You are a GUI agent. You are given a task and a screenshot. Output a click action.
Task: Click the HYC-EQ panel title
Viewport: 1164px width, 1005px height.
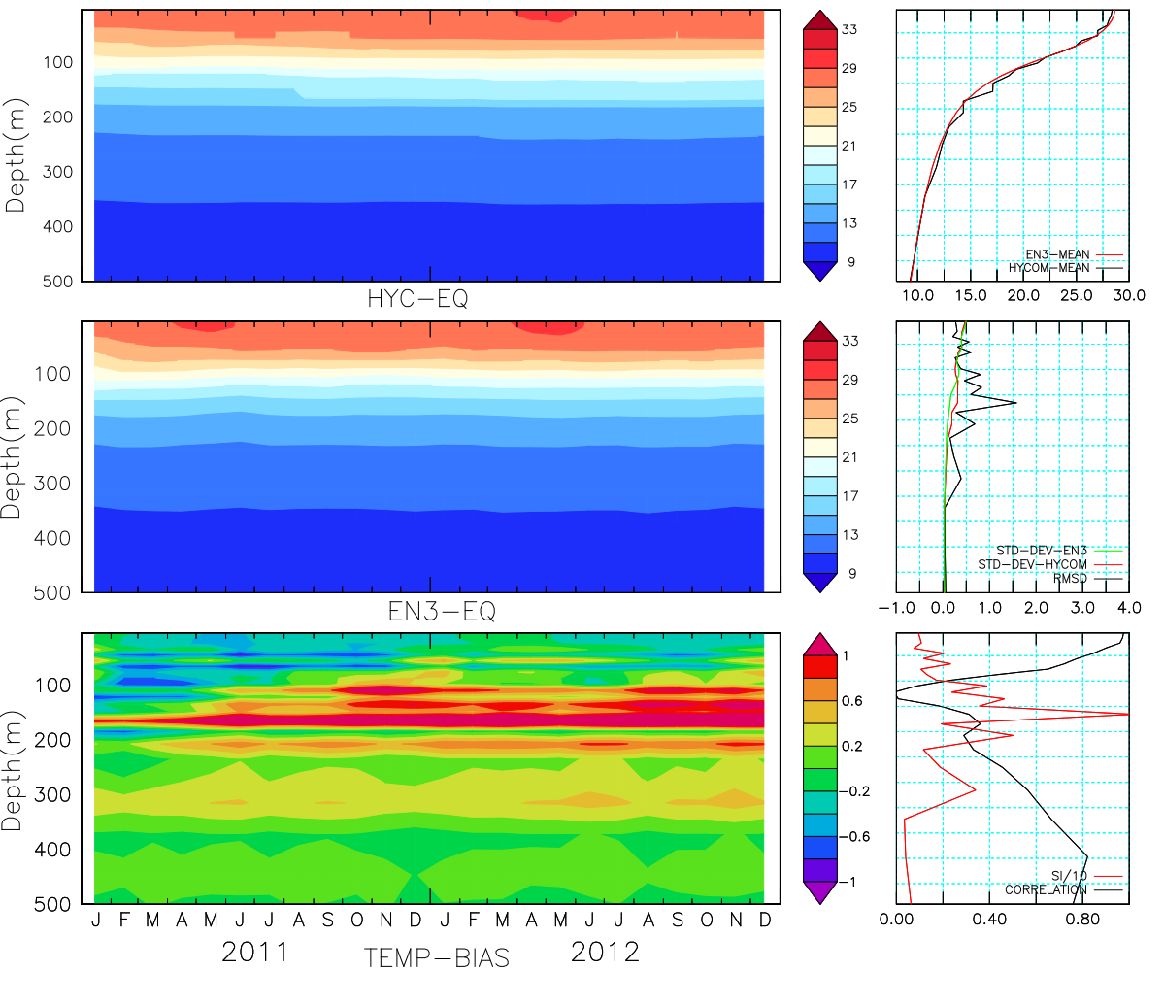coord(417,299)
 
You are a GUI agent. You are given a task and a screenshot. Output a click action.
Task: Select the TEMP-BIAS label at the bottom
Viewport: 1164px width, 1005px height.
coord(436,958)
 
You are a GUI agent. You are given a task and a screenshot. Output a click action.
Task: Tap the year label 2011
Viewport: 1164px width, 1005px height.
coord(255,952)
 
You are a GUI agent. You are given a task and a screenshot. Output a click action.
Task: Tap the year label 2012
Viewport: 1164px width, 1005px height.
coord(605,952)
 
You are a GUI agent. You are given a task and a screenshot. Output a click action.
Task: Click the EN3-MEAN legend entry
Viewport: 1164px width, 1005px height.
coord(1057,254)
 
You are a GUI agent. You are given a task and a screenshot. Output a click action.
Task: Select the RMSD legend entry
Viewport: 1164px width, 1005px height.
coord(1070,579)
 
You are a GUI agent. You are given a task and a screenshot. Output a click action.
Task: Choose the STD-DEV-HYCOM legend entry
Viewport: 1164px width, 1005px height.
coord(1032,564)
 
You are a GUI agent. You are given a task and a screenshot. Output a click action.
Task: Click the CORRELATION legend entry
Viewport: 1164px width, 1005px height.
coord(1046,889)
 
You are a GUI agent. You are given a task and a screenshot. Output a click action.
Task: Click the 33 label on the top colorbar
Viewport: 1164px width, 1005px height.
coord(849,30)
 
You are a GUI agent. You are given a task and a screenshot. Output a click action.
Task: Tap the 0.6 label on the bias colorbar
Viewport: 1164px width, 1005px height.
coord(851,701)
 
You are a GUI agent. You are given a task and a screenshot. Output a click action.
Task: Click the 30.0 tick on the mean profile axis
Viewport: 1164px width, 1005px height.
coord(1129,295)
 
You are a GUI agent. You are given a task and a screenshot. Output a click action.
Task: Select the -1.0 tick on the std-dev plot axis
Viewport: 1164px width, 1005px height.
coord(896,608)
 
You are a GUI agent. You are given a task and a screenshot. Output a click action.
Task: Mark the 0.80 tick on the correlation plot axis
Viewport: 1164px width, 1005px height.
coord(1083,919)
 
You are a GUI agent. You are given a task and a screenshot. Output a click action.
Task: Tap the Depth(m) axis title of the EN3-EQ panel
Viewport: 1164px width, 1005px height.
coord(16,456)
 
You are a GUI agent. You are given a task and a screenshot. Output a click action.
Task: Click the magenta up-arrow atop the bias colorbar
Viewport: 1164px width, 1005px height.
coord(821,643)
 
